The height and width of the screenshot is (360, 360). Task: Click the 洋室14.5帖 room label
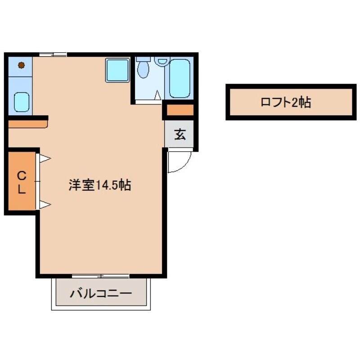pos(99,185)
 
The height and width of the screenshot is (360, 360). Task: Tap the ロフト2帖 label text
pos(286,103)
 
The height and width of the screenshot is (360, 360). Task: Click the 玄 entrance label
pos(180,134)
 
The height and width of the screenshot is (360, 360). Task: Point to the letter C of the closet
pos(21,175)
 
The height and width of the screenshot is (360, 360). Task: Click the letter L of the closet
pos(21,189)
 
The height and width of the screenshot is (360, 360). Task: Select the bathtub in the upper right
pos(180,79)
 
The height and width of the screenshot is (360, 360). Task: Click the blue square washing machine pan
pos(117,70)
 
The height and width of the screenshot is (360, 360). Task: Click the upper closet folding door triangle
pos(45,158)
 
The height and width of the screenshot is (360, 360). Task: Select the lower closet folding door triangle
pos(45,205)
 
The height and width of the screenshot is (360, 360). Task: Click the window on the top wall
pos(53,54)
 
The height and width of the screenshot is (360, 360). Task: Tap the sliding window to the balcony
pos(101,275)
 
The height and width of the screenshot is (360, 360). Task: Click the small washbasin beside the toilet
pos(161,61)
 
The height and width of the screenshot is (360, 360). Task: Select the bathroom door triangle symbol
pos(157,95)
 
